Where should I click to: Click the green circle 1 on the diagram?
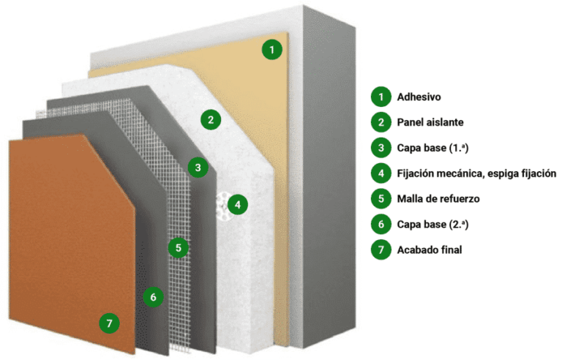pos(272,50)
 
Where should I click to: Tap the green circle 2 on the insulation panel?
pos(211,119)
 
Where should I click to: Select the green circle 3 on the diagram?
pos(198,167)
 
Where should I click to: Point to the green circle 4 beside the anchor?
pos(238,205)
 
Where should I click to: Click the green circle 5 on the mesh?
pos(179,247)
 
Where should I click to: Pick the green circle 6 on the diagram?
pos(154,297)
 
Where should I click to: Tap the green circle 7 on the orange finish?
pos(109,323)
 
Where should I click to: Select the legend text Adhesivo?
pos(419,97)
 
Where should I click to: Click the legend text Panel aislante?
pos(430,122)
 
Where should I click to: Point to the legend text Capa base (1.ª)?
pos(432,148)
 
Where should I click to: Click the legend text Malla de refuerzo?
pos(438,198)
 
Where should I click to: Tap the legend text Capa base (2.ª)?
pos(432,225)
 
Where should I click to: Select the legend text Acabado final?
pos(430,250)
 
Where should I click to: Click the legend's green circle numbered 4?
pos(381,173)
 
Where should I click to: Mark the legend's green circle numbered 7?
pos(381,250)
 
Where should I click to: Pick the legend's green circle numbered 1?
pos(381,97)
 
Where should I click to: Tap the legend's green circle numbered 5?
pos(381,198)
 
